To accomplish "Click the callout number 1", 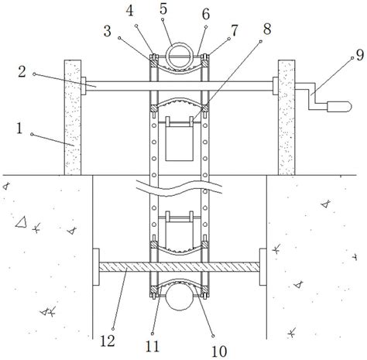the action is tap(19, 129).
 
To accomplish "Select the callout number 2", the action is tap(22, 71).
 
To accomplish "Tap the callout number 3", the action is tap(108, 31).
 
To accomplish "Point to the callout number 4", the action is tap(130, 11).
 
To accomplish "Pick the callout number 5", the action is tap(163, 9).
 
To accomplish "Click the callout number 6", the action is tap(206, 14).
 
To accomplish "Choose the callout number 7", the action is tap(234, 31).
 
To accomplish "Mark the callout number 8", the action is tap(267, 29).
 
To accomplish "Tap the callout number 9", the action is tap(360, 55).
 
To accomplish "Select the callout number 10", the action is tap(219, 351).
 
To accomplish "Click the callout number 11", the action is tap(153, 346).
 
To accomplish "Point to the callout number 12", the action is tap(108, 341).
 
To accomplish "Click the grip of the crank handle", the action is tap(339, 107).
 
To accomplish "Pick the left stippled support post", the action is tap(73, 118).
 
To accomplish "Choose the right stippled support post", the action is tap(286, 118).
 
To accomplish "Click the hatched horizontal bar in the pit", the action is tap(179, 267).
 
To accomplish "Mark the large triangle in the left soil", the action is tap(22, 223).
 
